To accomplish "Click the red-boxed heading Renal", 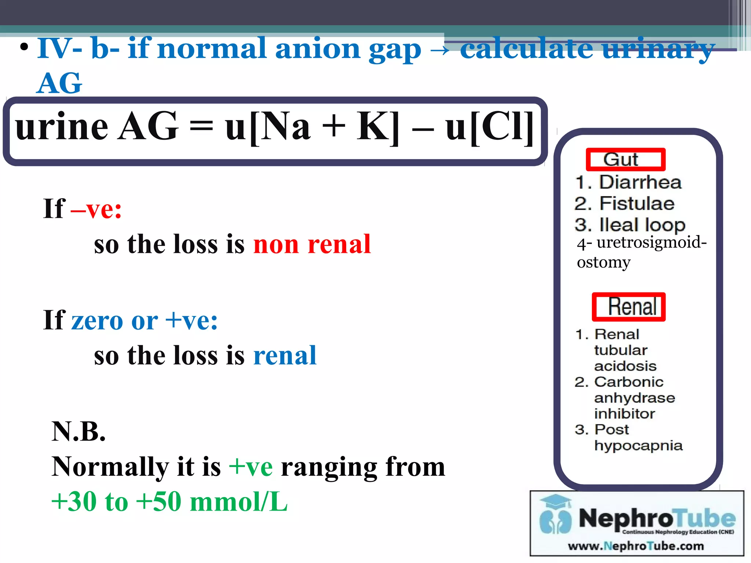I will [x=629, y=307].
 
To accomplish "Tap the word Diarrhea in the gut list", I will [x=640, y=182].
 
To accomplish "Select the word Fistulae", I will [x=637, y=203].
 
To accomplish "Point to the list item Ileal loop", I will [x=642, y=225].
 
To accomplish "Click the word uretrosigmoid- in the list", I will [x=651, y=242].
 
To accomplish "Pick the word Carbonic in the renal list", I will [x=629, y=382].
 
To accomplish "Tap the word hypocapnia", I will [x=638, y=446].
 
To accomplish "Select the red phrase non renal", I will [x=312, y=244].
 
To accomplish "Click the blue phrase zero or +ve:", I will [x=144, y=320].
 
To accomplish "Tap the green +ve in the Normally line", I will [x=250, y=467].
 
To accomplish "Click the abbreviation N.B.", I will [x=78, y=431].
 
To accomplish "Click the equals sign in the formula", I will [x=201, y=128].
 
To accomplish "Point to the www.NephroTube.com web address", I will [x=636, y=546].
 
